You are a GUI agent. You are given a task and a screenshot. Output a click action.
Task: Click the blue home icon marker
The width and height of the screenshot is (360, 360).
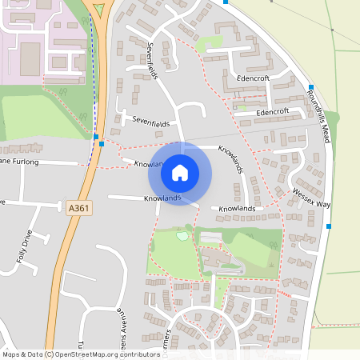(180, 172)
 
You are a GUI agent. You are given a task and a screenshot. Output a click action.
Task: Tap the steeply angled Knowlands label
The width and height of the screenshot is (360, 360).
(230, 160)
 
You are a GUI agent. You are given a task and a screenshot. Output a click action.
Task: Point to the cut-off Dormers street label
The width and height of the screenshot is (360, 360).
(168, 339)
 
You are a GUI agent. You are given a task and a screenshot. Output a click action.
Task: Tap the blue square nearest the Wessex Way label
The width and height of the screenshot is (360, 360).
(328, 226)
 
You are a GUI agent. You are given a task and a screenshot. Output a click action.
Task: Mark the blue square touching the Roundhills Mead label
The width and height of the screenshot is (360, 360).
(310, 86)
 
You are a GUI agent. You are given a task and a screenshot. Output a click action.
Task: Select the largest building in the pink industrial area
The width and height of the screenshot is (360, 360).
(30, 55)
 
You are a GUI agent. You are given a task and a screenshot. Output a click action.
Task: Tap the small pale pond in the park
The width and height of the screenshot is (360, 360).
(183, 235)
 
